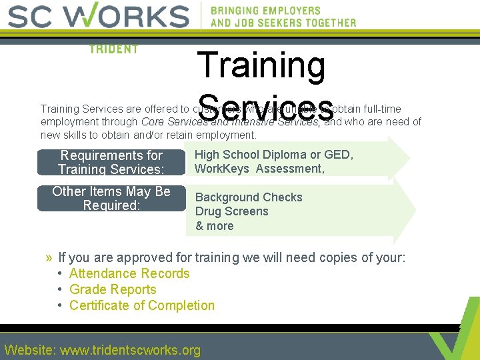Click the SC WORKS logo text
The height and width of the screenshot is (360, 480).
click(x=99, y=16)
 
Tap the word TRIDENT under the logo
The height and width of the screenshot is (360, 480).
click(x=113, y=49)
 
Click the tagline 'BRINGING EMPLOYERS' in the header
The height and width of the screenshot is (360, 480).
click(x=265, y=11)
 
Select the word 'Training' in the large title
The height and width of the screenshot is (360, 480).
click(x=261, y=66)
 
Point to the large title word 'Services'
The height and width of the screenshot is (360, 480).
click(x=265, y=106)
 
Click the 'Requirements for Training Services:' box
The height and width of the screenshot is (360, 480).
click(x=111, y=163)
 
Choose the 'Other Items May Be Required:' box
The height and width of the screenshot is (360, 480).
click(x=111, y=199)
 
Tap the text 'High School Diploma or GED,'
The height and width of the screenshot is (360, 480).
click(x=273, y=155)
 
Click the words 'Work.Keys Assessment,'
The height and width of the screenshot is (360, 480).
click(x=259, y=169)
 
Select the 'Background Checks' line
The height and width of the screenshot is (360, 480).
click(x=249, y=197)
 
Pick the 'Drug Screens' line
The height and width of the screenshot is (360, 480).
click(x=231, y=212)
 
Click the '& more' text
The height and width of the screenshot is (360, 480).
click(x=214, y=226)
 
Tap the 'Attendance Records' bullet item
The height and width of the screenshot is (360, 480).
click(x=129, y=274)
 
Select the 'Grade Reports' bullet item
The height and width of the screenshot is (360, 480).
click(x=113, y=290)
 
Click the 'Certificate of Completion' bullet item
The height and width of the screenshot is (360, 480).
click(x=142, y=306)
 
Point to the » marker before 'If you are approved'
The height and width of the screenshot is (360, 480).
click(x=49, y=258)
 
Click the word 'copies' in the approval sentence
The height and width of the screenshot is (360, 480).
click(x=324, y=258)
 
